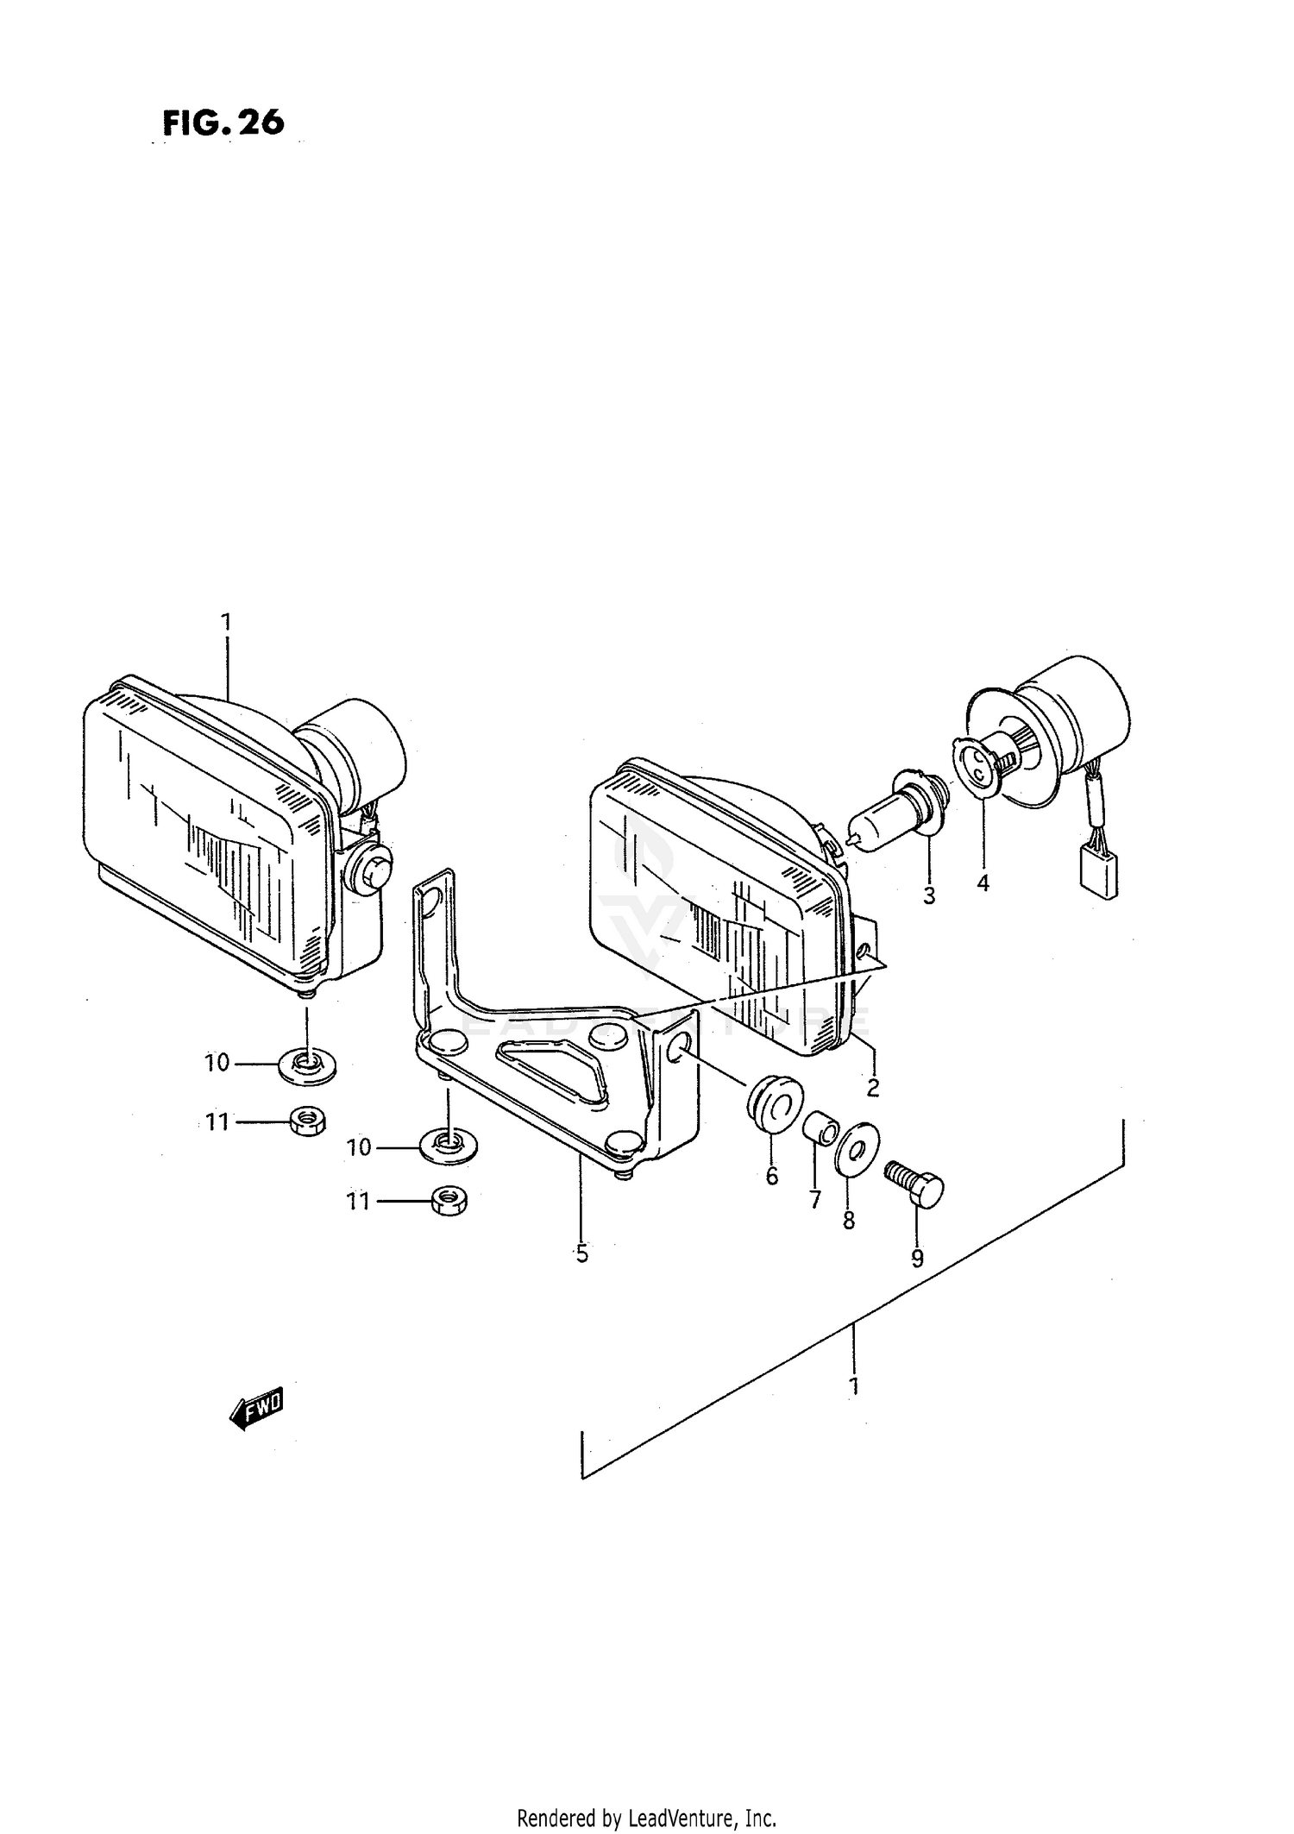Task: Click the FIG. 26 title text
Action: click(223, 122)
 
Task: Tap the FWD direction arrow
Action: click(256, 1409)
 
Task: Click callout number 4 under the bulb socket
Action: click(983, 882)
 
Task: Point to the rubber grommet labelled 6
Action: click(773, 1102)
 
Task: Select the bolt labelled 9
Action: click(915, 1188)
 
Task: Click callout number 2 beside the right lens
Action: click(872, 1088)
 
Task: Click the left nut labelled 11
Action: click(305, 1121)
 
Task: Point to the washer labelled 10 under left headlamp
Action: click(306, 1066)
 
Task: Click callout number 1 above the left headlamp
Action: click(226, 622)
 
